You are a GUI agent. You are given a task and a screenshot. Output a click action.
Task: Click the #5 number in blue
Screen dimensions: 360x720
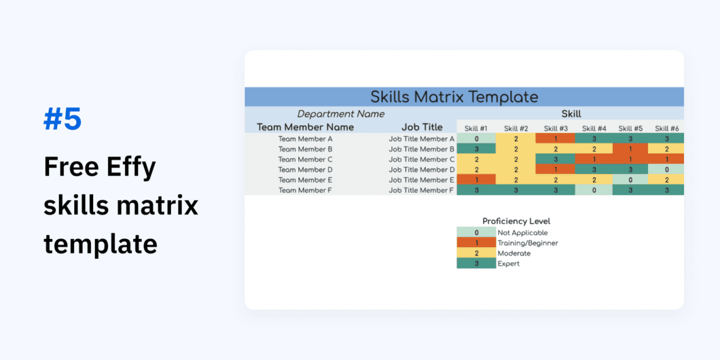click(62, 119)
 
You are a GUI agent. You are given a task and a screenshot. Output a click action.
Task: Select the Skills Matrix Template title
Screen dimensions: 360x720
click(454, 96)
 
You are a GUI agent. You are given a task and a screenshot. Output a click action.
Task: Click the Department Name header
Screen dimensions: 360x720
click(341, 114)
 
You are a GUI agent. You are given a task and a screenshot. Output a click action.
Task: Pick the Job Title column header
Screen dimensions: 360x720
click(421, 127)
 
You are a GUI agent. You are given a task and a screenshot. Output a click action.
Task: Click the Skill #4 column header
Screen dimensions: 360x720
click(594, 128)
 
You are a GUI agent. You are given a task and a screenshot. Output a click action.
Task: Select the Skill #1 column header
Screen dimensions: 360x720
click(475, 128)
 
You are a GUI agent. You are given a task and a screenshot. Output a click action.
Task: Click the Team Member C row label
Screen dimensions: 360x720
click(305, 160)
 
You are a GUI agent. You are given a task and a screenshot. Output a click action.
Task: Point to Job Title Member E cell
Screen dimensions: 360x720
click(421, 180)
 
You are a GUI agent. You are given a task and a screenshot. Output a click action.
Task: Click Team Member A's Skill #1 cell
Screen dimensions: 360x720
click(476, 139)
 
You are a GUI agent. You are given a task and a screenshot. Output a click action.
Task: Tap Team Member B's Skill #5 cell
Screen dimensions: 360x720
click(630, 149)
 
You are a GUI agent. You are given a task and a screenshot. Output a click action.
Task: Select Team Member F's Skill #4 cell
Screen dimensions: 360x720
click(594, 190)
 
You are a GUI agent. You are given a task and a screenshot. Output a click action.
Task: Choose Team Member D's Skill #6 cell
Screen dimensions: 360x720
click(666, 170)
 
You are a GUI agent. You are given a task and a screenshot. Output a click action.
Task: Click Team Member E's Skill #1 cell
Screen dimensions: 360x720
click(476, 180)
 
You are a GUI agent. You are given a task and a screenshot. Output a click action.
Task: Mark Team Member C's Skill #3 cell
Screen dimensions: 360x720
click(555, 160)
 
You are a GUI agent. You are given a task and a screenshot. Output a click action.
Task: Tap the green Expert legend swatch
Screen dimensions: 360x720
click(476, 264)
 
